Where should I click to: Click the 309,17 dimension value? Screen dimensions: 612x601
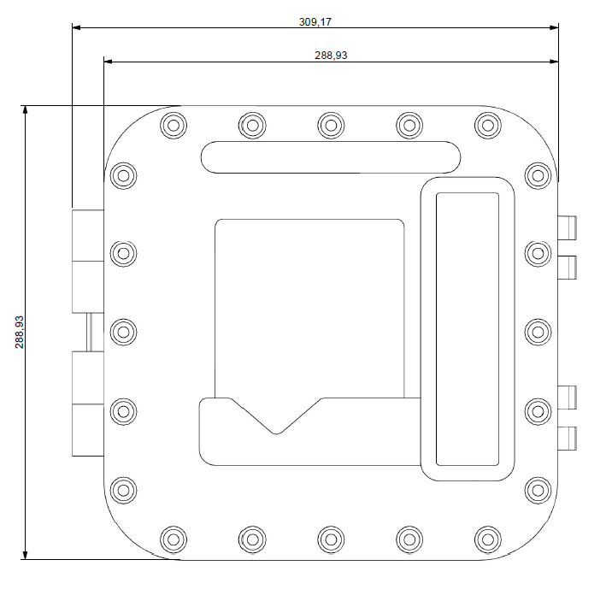pyautogui.click(x=315, y=22)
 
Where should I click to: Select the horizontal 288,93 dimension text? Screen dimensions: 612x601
pyautogui.click(x=331, y=56)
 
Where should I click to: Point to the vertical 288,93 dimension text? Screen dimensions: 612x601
pyautogui.click(x=19, y=332)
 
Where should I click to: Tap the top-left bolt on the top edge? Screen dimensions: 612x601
pyautogui.click(x=174, y=126)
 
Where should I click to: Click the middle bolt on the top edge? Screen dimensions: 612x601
pyautogui.click(x=331, y=126)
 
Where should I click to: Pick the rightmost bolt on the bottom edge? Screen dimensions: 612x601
pyautogui.click(x=488, y=539)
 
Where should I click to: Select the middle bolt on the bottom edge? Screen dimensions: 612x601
pyautogui.click(x=331, y=539)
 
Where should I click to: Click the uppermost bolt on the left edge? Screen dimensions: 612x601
pyautogui.click(x=123, y=176)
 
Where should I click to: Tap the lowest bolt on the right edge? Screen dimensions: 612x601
pyautogui.click(x=538, y=490)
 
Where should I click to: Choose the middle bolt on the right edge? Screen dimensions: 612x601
pyautogui.click(x=538, y=332)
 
